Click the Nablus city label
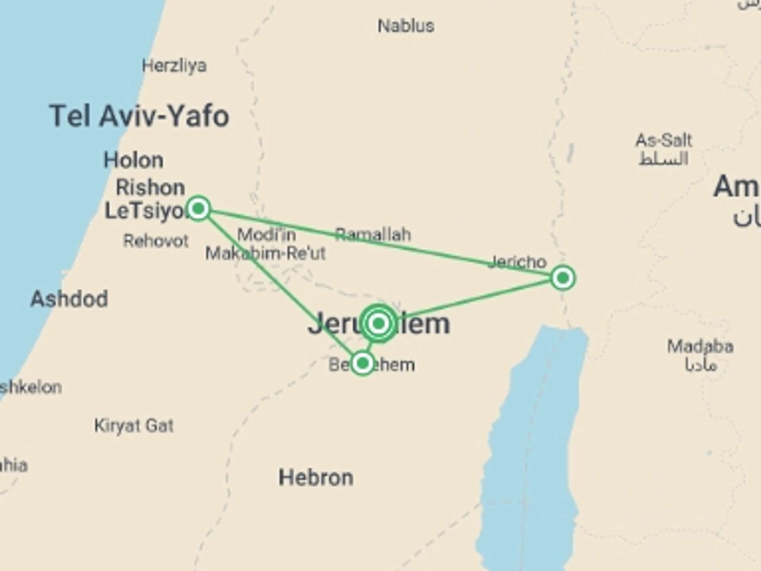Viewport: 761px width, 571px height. (405, 26)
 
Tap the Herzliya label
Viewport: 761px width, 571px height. (174, 66)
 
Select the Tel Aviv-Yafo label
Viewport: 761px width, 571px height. (139, 116)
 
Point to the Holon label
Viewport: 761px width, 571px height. (133, 160)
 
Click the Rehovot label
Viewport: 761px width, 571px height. (156, 241)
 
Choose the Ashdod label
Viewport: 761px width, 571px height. (69, 299)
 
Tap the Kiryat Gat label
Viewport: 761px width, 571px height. (134, 426)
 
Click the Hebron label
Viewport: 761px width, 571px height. (316, 477)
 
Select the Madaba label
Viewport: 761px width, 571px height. (700, 347)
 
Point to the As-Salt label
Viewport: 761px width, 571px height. (663, 140)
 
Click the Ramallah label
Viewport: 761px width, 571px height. (373, 234)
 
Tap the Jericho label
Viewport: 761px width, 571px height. (518, 262)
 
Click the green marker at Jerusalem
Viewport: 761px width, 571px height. (379, 323)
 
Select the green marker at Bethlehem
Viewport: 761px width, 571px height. (363, 363)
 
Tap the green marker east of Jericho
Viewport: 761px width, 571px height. (563, 278)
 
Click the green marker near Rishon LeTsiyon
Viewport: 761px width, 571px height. (198, 208)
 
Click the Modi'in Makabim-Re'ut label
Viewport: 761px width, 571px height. (266, 244)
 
